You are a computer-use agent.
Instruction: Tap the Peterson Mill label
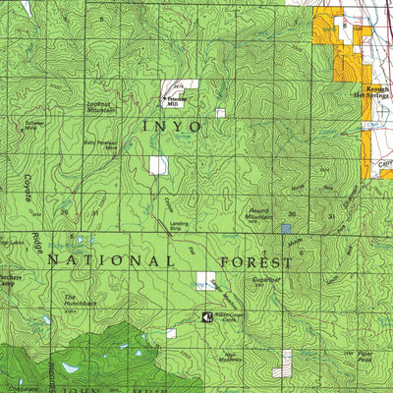tap(176, 101)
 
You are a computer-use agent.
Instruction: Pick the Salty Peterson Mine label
tap(101, 144)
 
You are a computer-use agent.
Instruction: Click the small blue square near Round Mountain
tap(287, 228)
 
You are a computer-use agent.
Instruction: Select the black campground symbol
tap(207, 316)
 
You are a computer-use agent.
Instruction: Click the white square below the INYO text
tap(158, 165)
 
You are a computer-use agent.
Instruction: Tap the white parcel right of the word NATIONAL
tap(205, 280)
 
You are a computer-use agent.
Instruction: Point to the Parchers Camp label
tap(12, 280)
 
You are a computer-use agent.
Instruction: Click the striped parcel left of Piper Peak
tap(287, 362)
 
